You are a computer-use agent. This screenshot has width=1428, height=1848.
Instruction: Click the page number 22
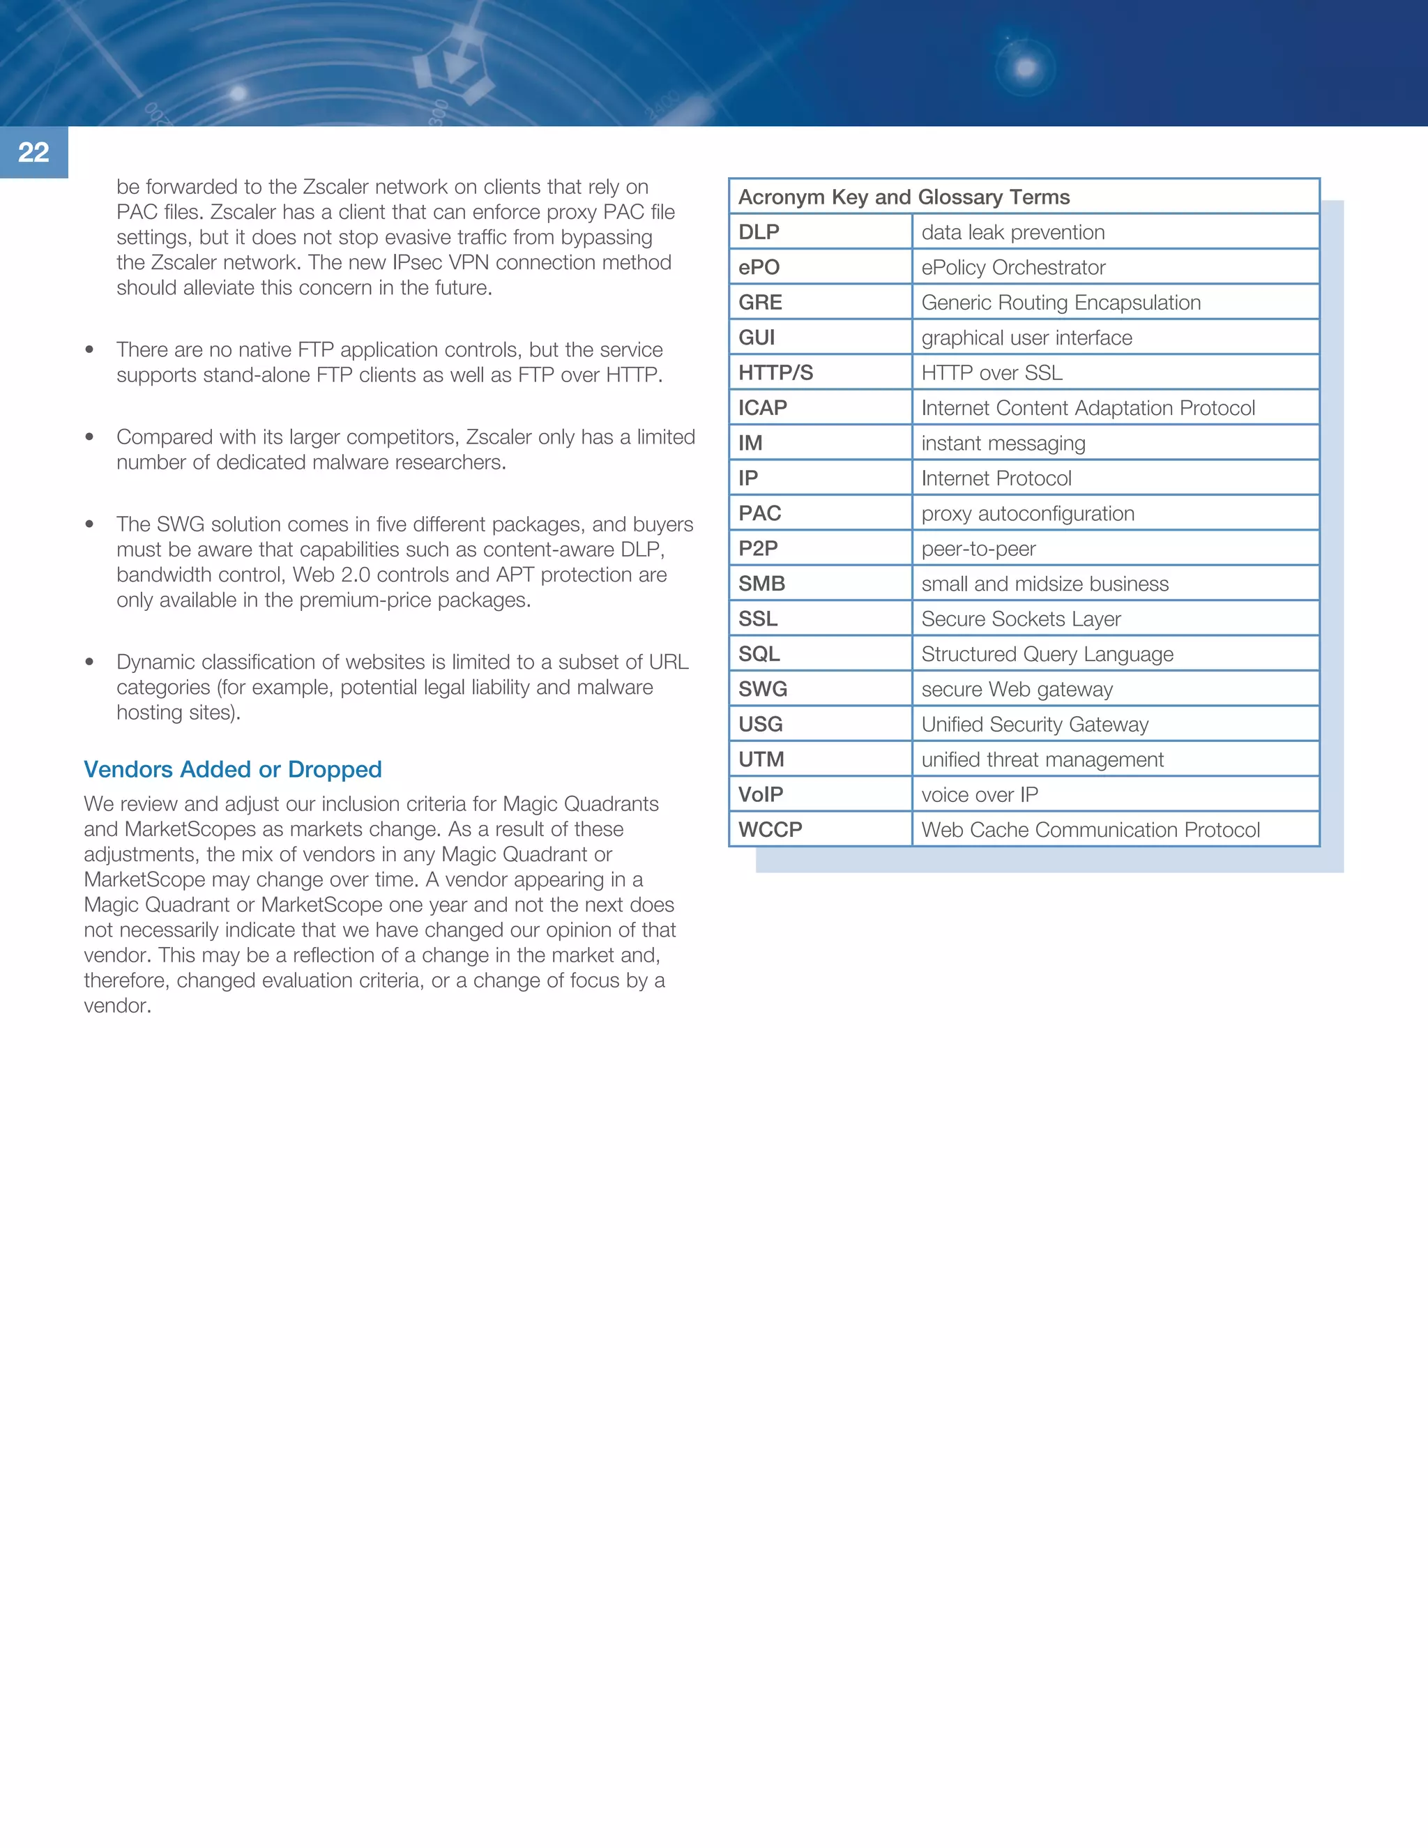pos(34,152)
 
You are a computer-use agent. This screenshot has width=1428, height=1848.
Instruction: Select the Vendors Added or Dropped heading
pos(233,769)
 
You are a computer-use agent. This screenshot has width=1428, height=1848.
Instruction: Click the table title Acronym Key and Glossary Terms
pos(904,197)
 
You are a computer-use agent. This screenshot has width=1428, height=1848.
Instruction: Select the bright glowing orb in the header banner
pos(1025,68)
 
